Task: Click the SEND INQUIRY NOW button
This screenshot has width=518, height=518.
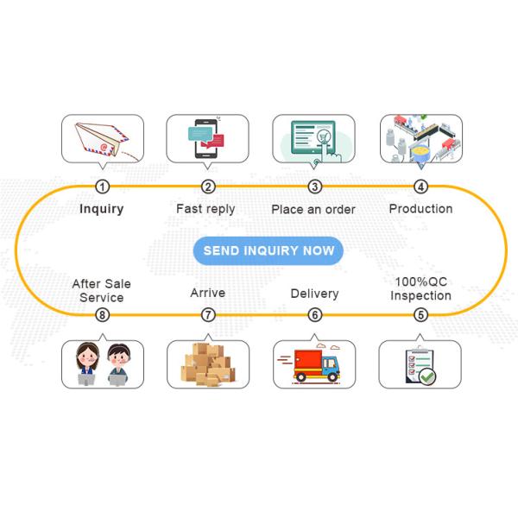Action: point(268,251)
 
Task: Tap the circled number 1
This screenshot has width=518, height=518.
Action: point(103,186)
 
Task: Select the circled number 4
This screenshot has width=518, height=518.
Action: point(420,186)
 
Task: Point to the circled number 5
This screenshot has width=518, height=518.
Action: point(420,315)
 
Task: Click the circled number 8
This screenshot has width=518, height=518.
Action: point(103,315)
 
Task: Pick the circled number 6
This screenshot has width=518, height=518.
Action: point(314,315)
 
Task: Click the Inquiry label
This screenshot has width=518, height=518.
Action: point(102,209)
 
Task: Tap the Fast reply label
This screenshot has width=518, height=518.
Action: point(205,209)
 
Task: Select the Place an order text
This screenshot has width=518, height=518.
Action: point(313,209)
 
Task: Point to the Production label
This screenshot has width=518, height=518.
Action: point(420,209)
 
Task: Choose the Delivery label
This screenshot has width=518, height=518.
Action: point(314,294)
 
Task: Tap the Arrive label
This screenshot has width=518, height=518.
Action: point(207,294)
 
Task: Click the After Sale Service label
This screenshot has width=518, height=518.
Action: point(102,290)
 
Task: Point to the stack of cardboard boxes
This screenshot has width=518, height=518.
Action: point(207,364)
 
